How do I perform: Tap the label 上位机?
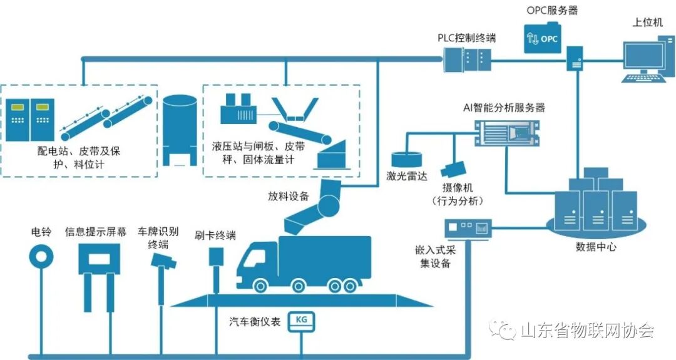click(x=648, y=24)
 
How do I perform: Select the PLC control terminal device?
click(x=467, y=61)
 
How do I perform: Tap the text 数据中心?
click(x=595, y=247)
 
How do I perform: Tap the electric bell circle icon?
click(x=42, y=257)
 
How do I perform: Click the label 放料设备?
click(x=289, y=196)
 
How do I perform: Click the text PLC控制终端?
click(x=466, y=38)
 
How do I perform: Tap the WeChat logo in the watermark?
click(x=503, y=329)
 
